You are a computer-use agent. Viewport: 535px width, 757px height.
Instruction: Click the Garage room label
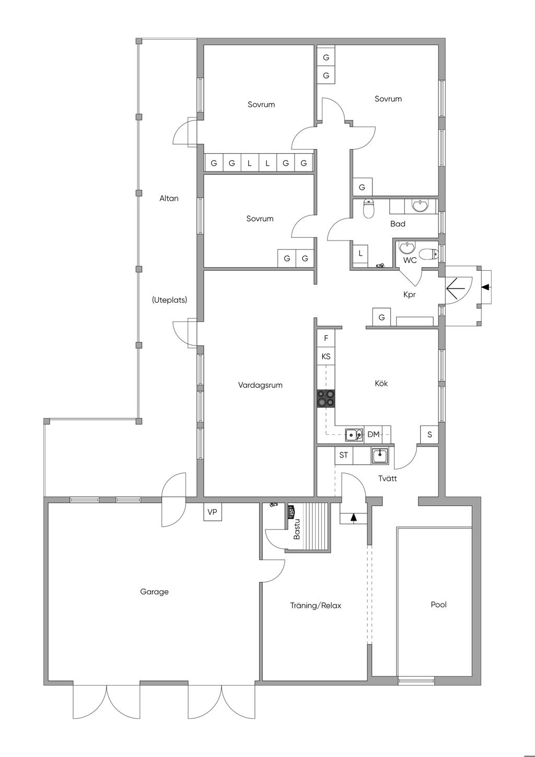154,592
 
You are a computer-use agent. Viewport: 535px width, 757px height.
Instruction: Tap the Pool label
438,604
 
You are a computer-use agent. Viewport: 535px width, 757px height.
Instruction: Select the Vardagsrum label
260,385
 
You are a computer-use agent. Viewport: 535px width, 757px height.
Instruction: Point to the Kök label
381,383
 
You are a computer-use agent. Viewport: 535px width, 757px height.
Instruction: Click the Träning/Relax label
316,605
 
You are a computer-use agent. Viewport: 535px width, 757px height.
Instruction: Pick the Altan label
169,198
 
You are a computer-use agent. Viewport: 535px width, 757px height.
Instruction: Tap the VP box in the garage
213,512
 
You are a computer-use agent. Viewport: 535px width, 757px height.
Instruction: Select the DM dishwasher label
374,434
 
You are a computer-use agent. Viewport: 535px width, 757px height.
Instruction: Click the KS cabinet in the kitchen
326,356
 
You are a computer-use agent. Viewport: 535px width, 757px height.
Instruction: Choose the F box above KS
326,338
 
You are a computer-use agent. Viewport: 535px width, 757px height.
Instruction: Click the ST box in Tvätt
343,455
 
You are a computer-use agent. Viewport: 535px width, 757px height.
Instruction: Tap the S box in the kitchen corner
429,434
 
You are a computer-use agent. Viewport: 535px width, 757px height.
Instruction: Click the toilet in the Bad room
368,209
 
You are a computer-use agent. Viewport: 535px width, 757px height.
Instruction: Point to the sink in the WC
407,247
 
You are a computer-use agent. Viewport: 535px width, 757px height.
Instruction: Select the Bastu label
297,529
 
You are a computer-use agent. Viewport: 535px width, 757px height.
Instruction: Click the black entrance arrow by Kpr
486,287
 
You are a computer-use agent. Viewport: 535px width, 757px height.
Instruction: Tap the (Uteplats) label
169,300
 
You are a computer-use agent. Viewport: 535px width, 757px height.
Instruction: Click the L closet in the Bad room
360,253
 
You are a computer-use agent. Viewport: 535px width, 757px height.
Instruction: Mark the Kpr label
410,295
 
